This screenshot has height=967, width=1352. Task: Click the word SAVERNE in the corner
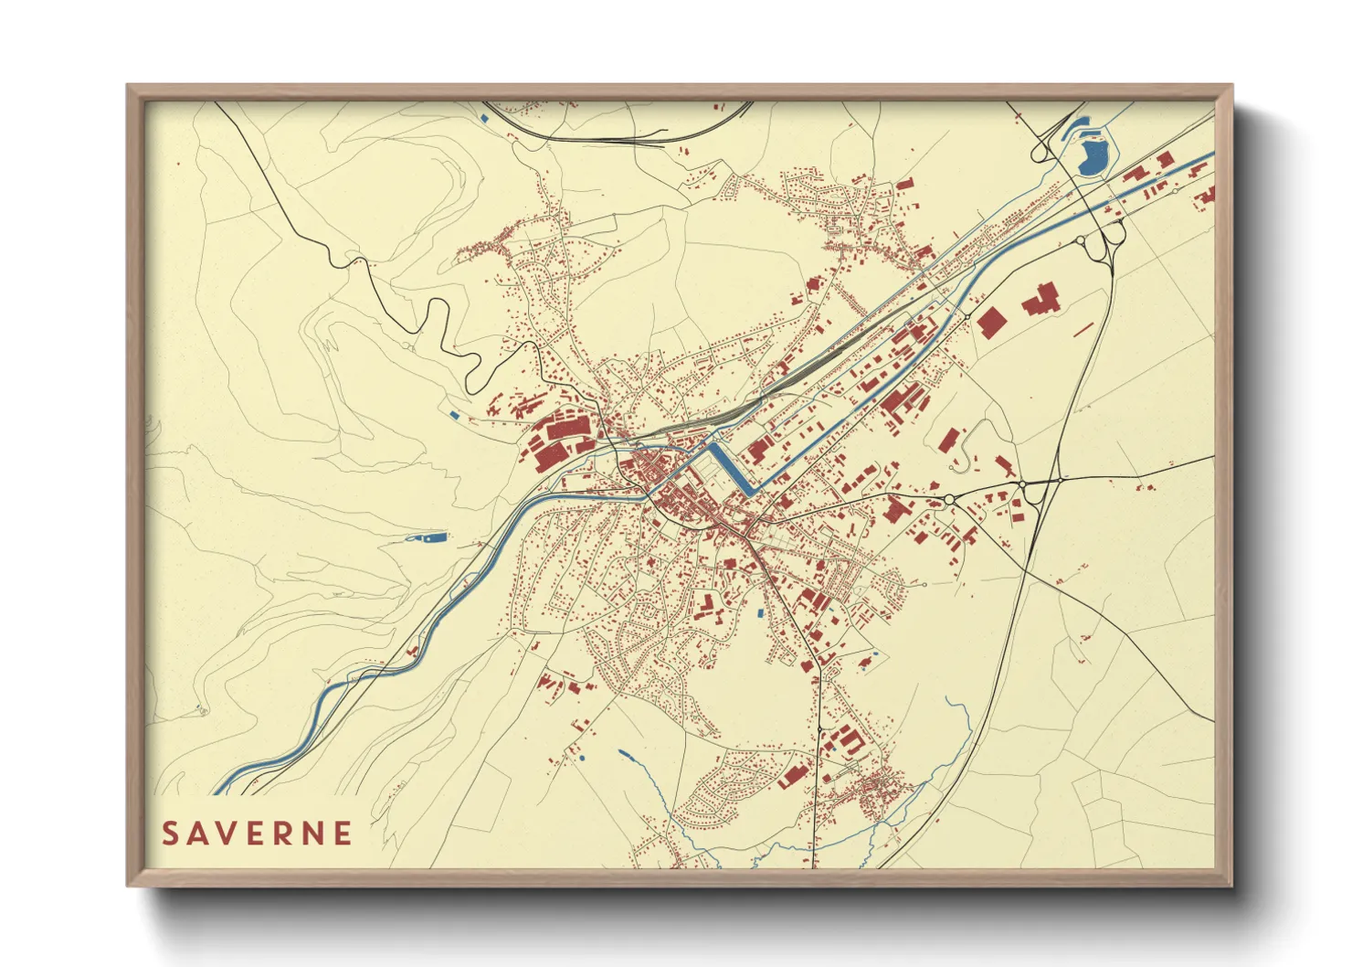[257, 834]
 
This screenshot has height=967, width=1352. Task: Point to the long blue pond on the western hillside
[428, 538]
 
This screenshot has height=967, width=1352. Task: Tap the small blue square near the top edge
[483, 117]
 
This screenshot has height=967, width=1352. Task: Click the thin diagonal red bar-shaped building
[1084, 328]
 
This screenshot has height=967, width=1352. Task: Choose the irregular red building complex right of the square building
[1040, 300]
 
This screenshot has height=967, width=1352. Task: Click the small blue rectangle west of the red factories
[455, 415]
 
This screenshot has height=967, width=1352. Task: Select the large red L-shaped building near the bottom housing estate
[797, 773]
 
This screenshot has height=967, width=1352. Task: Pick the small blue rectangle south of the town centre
[760, 613]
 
